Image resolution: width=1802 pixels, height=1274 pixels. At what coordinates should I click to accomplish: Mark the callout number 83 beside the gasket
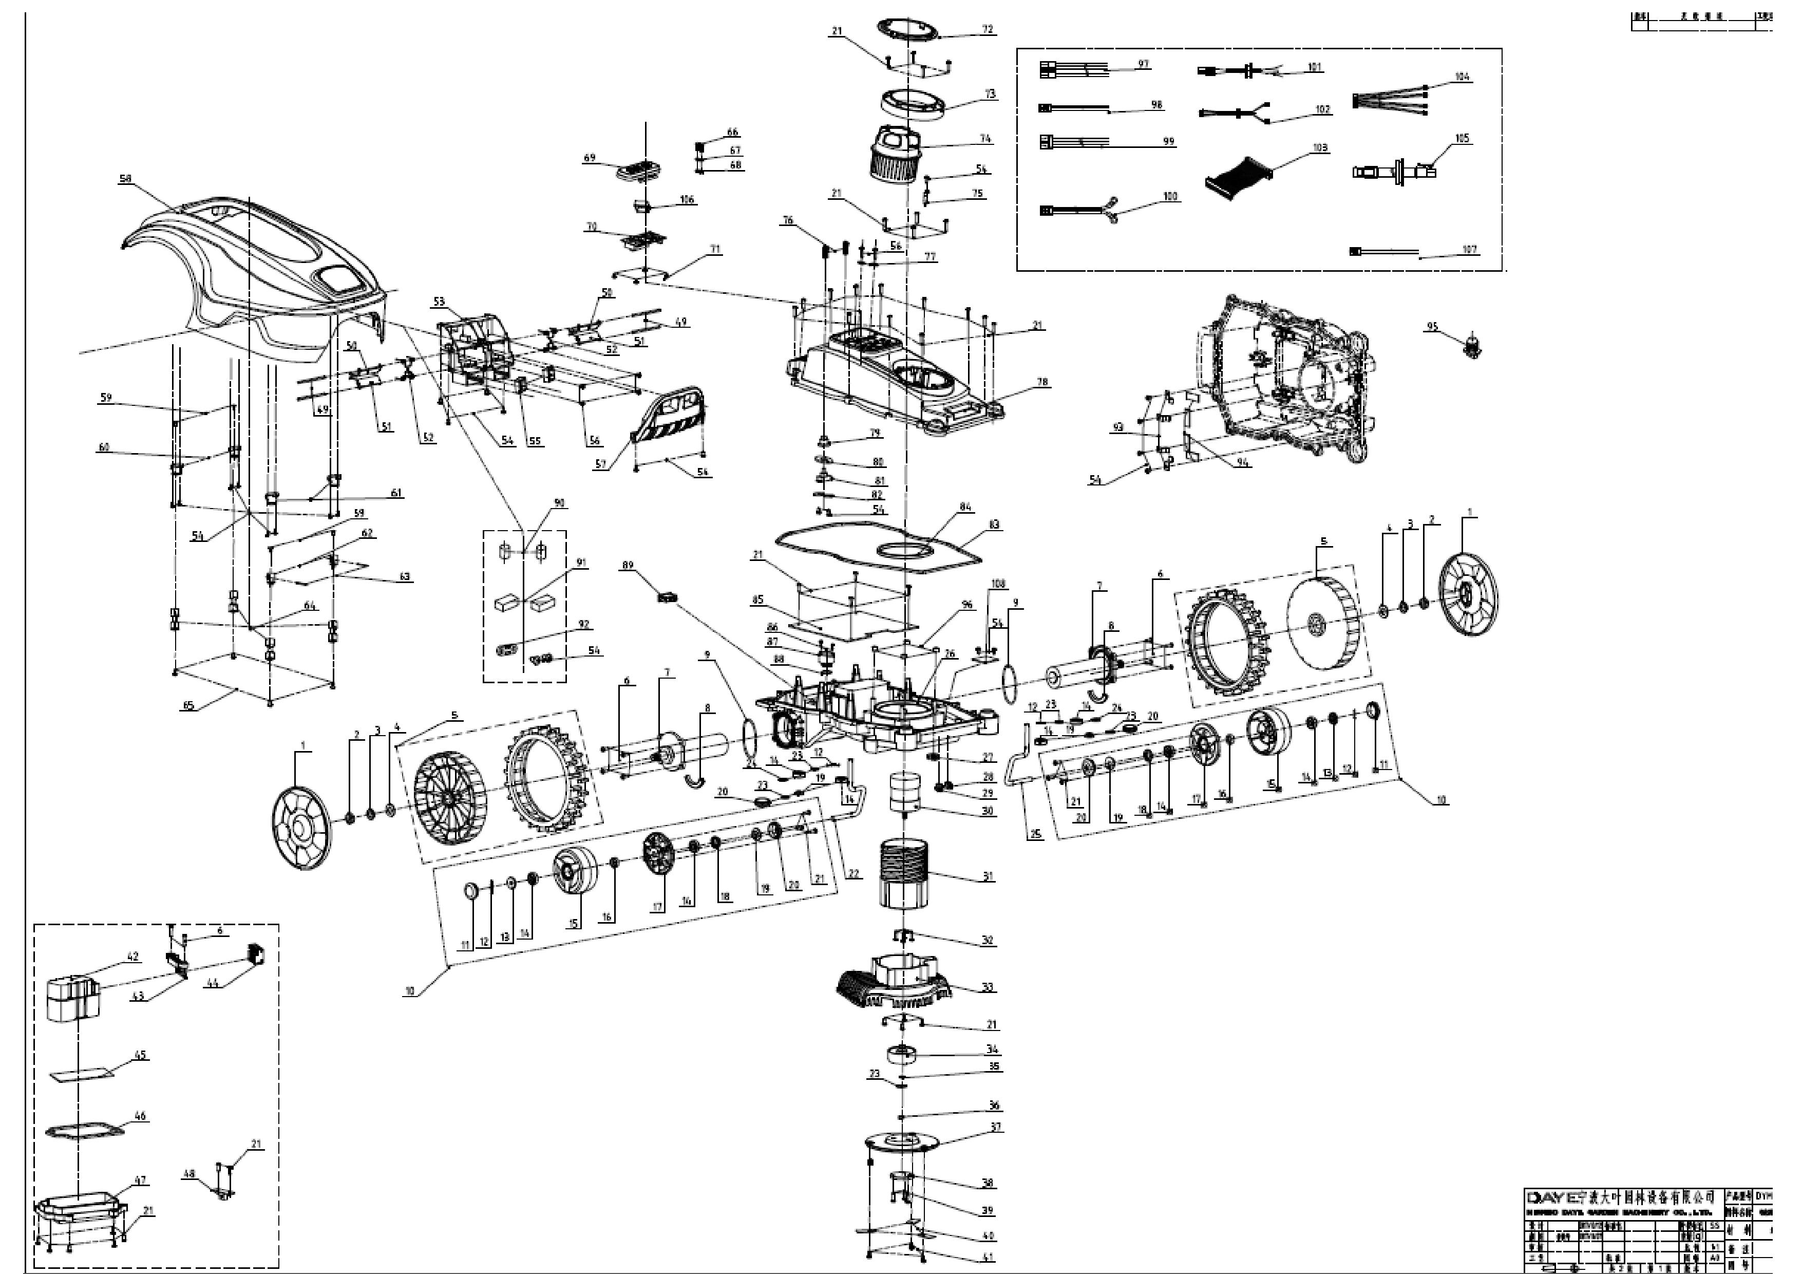coord(994,524)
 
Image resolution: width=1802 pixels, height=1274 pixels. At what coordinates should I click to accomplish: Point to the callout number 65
coord(187,705)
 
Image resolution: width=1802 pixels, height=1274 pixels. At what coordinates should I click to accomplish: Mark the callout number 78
coord(1041,382)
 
